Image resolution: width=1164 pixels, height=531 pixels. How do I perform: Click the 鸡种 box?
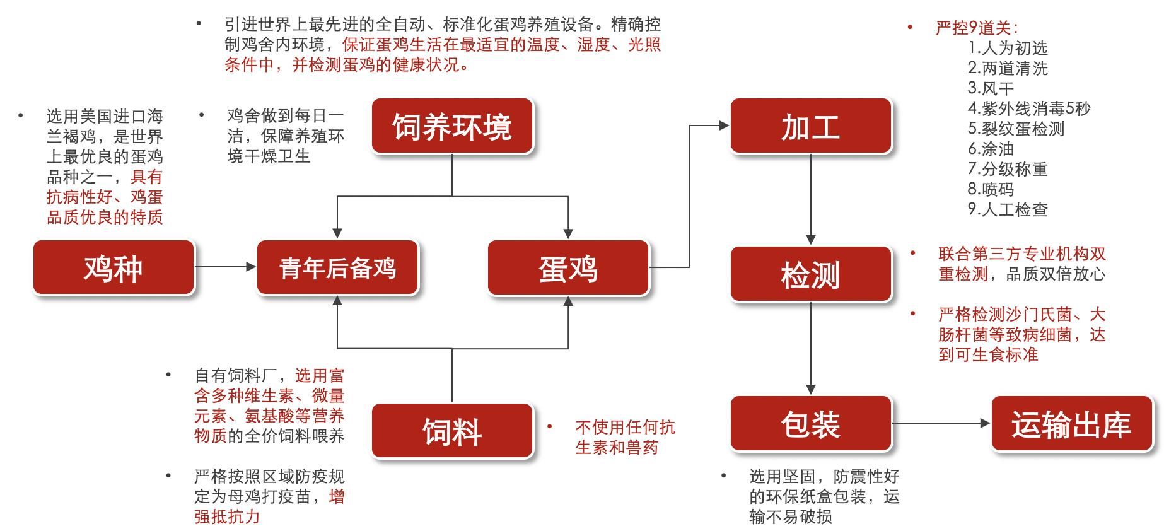tap(113, 267)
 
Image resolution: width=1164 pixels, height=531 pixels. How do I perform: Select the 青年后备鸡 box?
tap(337, 267)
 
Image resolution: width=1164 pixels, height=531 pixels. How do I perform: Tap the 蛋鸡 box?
tap(568, 267)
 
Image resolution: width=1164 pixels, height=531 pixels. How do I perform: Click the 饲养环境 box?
tap(452, 125)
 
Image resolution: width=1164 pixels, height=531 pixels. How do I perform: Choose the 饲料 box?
tap(452, 431)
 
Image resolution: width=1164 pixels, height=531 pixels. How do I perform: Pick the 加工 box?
tap(811, 125)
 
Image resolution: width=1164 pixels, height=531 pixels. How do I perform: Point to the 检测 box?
tap(811, 274)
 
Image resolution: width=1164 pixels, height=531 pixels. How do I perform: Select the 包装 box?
tap(811, 423)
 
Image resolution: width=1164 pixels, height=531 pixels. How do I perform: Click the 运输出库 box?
tap(1072, 423)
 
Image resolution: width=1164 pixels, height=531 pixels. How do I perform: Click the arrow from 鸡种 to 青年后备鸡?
tap(225, 267)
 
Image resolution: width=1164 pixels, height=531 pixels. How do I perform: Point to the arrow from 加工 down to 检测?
tap(811, 199)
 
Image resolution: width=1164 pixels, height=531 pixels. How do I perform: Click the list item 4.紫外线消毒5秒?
tap(1028, 108)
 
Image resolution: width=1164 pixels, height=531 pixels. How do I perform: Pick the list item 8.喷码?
tap(991, 189)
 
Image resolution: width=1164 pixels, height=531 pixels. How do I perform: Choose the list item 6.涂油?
tap(991, 149)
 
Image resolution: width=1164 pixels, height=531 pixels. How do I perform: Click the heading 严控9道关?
tap(976, 28)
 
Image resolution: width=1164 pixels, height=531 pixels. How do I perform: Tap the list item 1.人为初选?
tap(1008, 48)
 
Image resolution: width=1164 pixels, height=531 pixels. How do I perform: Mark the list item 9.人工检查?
tap(1008, 209)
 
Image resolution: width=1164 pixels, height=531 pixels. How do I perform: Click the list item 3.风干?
tap(991, 88)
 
